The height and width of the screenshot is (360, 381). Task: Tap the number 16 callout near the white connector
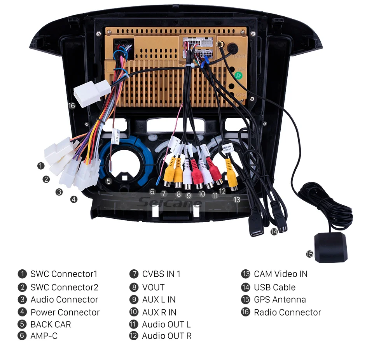tap(71, 106)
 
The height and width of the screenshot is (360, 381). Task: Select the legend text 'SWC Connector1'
tap(64, 274)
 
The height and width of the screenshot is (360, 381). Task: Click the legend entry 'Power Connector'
tap(65, 312)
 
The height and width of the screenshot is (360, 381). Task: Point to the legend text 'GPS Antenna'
tap(280, 300)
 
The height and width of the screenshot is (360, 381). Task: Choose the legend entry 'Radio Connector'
tap(287, 312)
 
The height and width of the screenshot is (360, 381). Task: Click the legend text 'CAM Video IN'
tap(280, 274)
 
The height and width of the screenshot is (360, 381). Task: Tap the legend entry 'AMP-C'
tap(44, 335)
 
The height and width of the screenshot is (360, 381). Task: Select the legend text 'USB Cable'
tap(274, 287)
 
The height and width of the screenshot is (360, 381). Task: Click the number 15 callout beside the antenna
tap(309, 254)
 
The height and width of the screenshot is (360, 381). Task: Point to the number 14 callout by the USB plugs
tap(274, 232)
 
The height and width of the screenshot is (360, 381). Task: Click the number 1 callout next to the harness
tap(41, 166)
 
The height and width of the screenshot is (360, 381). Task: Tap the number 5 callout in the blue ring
tap(108, 181)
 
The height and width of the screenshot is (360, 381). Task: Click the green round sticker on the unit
tap(239, 75)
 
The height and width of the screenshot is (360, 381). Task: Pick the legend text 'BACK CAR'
tap(51, 324)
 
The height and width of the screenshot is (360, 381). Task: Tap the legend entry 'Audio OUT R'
tap(166, 335)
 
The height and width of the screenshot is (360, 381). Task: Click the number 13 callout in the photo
tap(237, 200)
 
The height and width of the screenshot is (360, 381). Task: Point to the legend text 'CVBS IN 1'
tap(161, 274)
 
